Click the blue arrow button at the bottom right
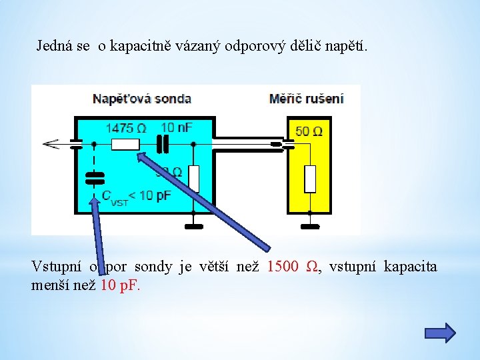point(440,333)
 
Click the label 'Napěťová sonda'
point(142,99)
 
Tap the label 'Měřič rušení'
point(306,99)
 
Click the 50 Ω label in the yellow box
point(309,131)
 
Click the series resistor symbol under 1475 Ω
point(125,144)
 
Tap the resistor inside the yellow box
point(309,179)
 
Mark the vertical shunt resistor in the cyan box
point(193,179)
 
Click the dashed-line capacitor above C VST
point(95,177)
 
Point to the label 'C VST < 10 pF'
point(136,196)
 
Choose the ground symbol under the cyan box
point(193,225)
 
